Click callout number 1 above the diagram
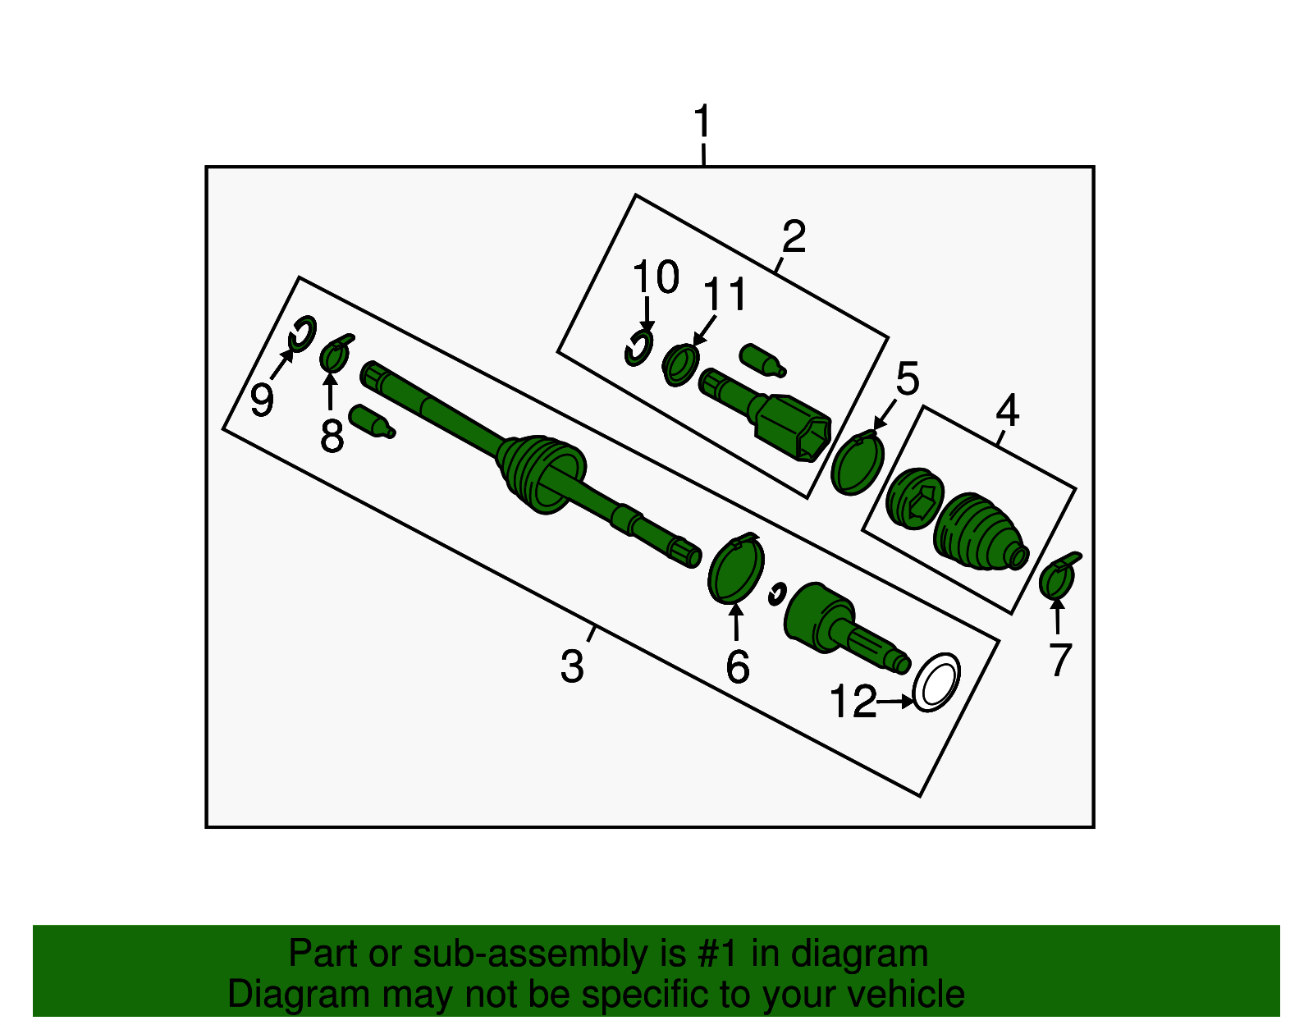[702, 121]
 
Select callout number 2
[794, 236]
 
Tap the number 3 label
[572, 666]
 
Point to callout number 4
[1007, 410]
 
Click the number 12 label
[853, 702]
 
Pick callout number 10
[656, 277]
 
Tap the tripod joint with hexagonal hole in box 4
[914, 498]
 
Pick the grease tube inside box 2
[762, 360]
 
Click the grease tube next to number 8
[372, 421]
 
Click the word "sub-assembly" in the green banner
[549, 953]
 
